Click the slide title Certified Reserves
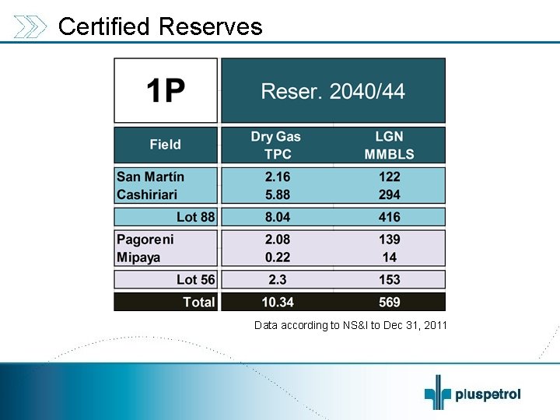(x=160, y=26)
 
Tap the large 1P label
(x=166, y=92)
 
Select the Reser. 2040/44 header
(x=333, y=92)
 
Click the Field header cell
(x=165, y=144)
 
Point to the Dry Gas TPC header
(x=275, y=144)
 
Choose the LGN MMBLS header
(x=389, y=144)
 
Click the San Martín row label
(x=150, y=177)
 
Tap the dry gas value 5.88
(x=276, y=194)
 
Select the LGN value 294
(x=389, y=194)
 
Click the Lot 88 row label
(x=195, y=217)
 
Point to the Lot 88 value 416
(x=389, y=217)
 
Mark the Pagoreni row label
(x=145, y=240)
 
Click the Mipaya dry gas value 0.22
(x=276, y=257)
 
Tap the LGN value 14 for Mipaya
(x=389, y=257)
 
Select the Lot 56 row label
(x=195, y=279)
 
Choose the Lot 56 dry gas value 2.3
(x=276, y=279)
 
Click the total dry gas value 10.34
(x=276, y=302)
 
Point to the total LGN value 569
(x=389, y=302)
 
